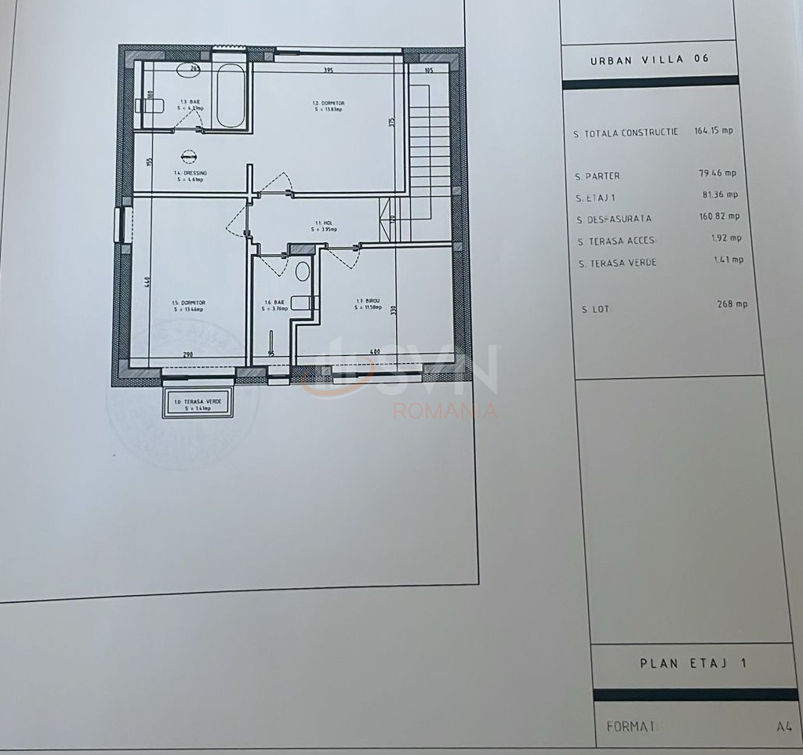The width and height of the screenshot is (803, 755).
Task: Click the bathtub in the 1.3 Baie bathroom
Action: coord(231,96)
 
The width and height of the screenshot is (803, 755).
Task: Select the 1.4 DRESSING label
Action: coord(189,176)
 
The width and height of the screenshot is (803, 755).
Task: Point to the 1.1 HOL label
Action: coord(323,226)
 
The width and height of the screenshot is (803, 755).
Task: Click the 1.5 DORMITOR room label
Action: coord(187,305)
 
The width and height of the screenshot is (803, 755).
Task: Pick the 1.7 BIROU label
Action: coord(368,303)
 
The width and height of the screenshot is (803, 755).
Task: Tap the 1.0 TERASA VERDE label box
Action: coord(198,404)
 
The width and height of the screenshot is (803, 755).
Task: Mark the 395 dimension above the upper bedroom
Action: coord(329,71)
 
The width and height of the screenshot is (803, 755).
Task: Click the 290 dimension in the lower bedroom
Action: coord(188,354)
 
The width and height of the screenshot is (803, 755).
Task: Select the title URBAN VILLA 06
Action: coord(649,59)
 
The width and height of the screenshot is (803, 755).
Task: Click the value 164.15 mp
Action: coord(713,131)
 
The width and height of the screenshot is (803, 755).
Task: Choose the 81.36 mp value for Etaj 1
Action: coord(720,194)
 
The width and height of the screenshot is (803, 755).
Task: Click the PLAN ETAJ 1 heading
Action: coord(692,663)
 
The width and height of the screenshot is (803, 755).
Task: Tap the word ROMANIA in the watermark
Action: coord(444,411)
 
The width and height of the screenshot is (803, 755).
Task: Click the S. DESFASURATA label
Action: coord(614,220)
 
